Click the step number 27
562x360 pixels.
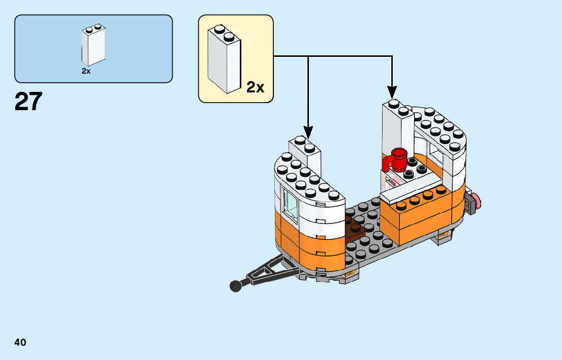(28, 102)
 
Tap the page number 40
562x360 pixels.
(20, 342)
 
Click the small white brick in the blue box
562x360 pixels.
(93, 45)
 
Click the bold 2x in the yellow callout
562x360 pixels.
(256, 87)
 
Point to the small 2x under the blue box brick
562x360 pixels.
(86, 72)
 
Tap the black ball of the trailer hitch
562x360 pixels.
(235, 286)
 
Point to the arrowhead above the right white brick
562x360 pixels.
(392, 92)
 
